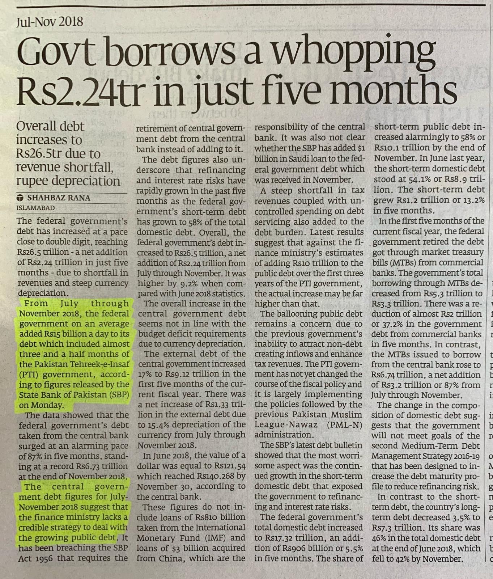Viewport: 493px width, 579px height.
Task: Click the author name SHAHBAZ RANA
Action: pos(59,198)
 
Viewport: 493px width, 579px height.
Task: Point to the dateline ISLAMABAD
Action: pos(36,208)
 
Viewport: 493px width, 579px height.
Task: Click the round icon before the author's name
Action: pos(20,198)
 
